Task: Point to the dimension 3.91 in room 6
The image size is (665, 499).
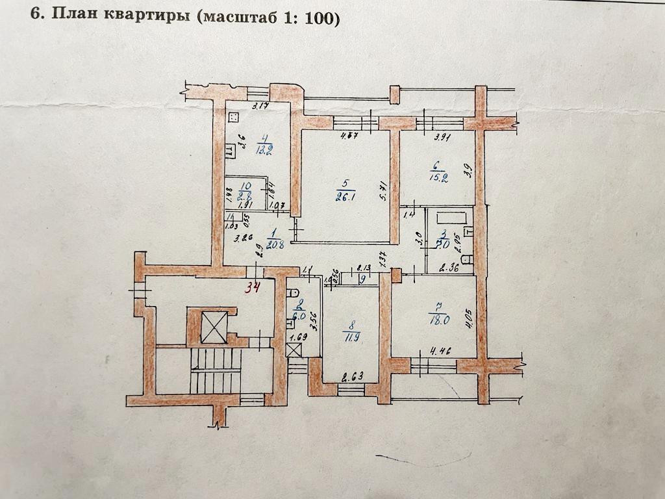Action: [x=444, y=137]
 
